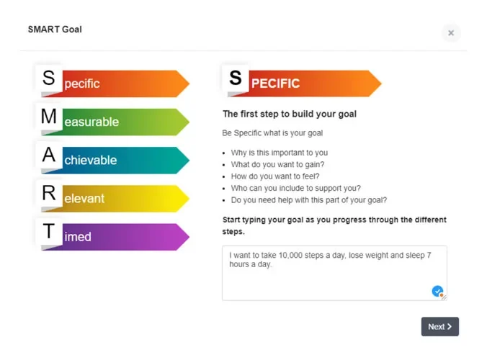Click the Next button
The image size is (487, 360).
click(x=439, y=327)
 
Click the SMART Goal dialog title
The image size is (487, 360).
click(x=55, y=30)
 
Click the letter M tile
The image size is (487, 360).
click(x=48, y=116)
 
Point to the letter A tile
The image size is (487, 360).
click(x=48, y=154)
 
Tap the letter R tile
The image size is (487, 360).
click(x=48, y=192)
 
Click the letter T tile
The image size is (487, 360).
click(x=48, y=231)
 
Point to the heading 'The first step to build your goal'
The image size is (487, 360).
click(x=290, y=114)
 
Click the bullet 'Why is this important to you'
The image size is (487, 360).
click(x=279, y=153)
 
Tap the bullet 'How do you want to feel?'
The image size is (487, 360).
click(x=275, y=176)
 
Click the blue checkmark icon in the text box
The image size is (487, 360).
click(x=437, y=291)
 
